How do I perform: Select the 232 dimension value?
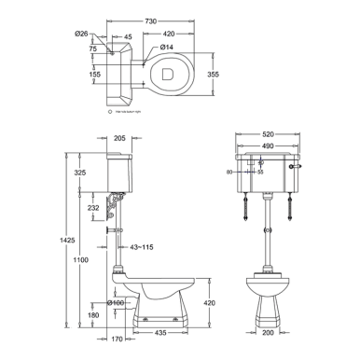[94, 209]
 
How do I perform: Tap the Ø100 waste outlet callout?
[116, 302]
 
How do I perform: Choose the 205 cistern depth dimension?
[118, 138]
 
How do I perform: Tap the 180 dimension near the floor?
[95, 314]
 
